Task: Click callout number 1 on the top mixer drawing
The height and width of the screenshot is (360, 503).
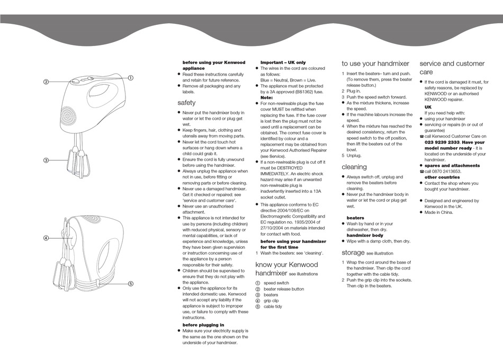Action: coord(130,78)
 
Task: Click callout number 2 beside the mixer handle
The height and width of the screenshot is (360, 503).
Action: coord(46,82)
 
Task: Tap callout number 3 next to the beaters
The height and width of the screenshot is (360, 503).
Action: coord(46,160)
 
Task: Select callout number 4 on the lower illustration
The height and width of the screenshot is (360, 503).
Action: coord(46,238)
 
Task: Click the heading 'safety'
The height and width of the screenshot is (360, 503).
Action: coord(186,103)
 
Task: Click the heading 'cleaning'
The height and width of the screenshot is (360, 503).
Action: coord(354,167)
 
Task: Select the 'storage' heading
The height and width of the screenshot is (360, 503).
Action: coord(353,253)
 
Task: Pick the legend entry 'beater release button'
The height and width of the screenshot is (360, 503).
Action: coord(284,289)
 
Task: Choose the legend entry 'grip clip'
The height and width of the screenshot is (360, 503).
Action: coord(271,301)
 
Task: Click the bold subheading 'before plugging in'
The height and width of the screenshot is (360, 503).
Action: coord(203,325)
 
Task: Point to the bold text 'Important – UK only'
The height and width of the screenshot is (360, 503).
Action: coord(283,62)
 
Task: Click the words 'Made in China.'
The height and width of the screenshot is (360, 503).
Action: coord(439,212)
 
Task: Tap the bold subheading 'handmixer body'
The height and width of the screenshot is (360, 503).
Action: coord(365,235)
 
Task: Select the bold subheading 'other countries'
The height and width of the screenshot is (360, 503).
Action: coord(442,177)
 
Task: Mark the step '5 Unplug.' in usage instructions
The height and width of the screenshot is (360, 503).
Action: coord(352,156)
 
